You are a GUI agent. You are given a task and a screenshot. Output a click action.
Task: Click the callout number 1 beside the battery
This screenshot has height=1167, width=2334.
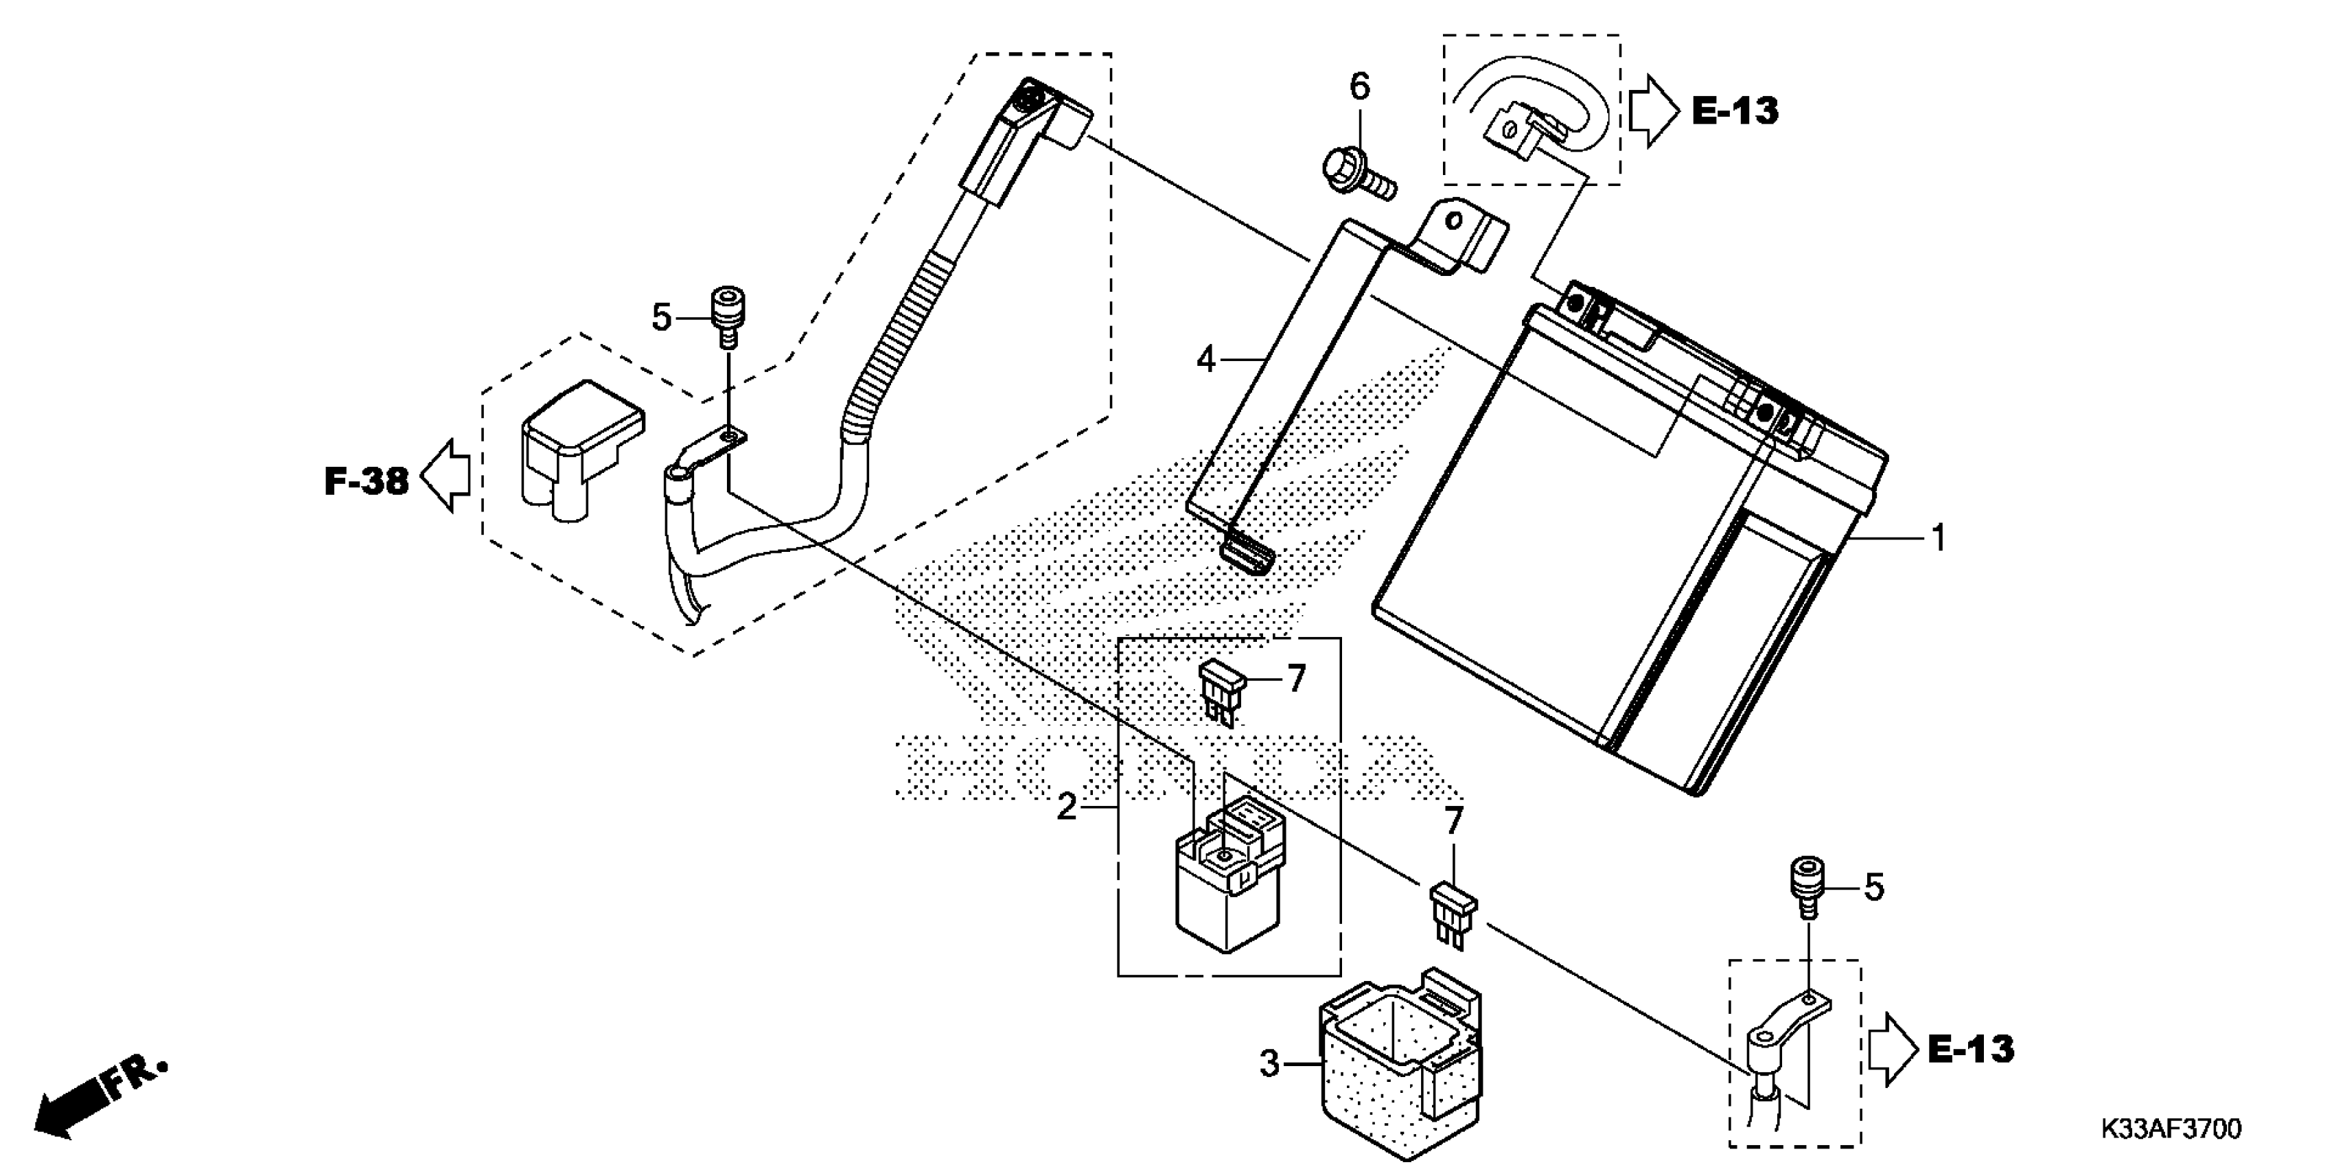coord(1938,538)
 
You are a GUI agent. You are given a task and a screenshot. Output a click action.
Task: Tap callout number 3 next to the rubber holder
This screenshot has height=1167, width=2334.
coord(1270,1063)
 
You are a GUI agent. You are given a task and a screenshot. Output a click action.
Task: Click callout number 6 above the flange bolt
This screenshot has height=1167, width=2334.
coord(1360,87)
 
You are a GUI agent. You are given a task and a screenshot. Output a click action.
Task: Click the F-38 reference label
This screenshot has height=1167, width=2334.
coord(366,481)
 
